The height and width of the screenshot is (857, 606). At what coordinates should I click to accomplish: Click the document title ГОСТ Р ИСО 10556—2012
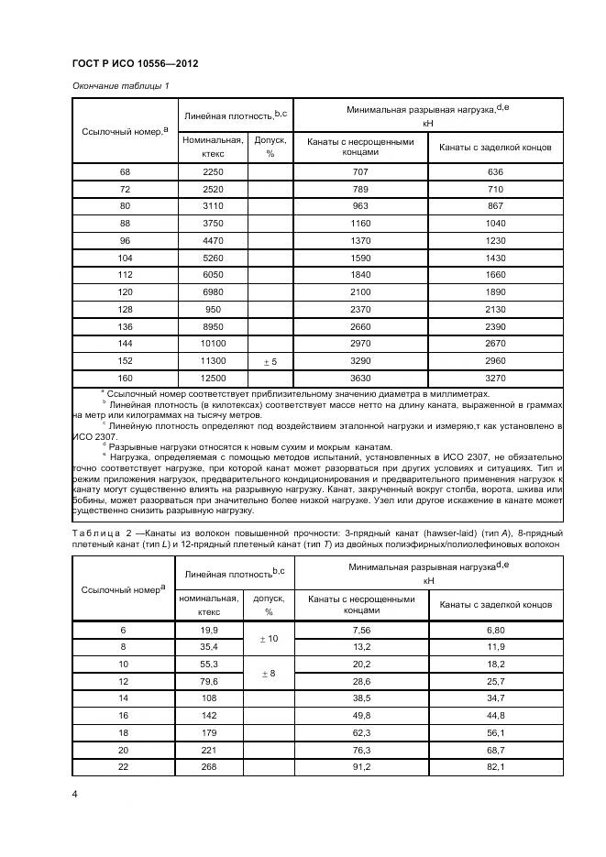(135, 63)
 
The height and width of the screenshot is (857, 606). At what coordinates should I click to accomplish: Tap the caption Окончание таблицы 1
(120, 85)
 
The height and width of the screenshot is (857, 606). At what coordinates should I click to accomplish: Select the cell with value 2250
(213, 171)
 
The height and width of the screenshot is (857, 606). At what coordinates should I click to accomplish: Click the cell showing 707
(360, 171)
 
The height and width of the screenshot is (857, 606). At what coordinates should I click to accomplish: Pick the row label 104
(125, 258)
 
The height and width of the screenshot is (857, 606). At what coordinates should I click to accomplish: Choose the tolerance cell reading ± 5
(270, 361)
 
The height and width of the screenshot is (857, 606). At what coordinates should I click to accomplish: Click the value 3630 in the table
(360, 378)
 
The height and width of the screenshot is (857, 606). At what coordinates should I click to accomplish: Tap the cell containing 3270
(495, 378)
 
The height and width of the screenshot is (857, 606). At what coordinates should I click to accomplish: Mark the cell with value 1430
(495, 258)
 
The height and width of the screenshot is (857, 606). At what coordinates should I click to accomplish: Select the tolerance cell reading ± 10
(270, 638)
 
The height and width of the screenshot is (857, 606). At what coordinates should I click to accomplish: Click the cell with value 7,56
(360, 630)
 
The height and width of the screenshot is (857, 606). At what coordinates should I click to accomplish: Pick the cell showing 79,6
(213, 681)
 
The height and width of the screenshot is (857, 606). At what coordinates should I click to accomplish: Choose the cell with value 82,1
(495, 767)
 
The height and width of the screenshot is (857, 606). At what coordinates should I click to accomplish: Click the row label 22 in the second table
(125, 767)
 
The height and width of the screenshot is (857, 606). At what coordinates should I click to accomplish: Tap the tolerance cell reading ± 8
(270, 673)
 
